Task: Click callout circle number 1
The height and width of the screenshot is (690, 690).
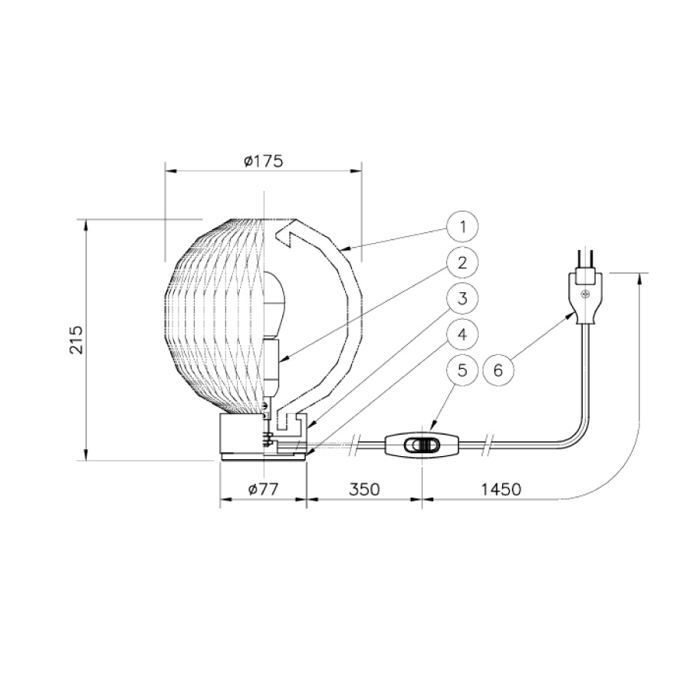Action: tap(462, 227)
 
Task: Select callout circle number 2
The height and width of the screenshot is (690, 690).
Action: tap(462, 263)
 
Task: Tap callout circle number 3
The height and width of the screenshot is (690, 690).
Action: tap(462, 299)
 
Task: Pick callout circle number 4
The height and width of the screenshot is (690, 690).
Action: tap(462, 334)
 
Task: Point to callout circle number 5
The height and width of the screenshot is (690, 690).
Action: tap(462, 370)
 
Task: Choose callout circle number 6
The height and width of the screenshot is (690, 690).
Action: tap(498, 370)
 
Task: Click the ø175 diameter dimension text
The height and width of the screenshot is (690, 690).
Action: tap(263, 162)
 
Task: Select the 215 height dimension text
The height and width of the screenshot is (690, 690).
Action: tap(76, 340)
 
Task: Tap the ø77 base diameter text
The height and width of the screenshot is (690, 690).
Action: tap(263, 489)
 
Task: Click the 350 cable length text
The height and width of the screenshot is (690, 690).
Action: tap(364, 489)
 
